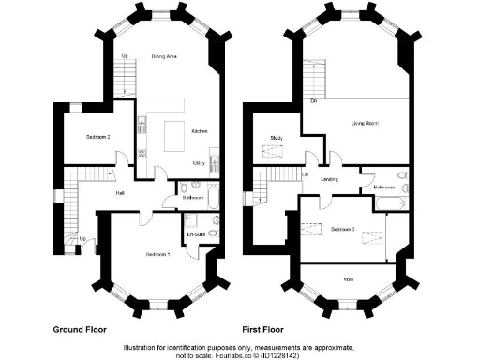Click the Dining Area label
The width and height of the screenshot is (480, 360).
pyautogui.click(x=164, y=57)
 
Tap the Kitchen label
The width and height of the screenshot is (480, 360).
pyautogui.click(x=200, y=132)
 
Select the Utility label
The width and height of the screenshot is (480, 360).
pyautogui.click(x=199, y=163)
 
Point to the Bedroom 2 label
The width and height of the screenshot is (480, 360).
pyautogui.click(x=98, y=138)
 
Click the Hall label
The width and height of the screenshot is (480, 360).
pyautogui.click(x=121, y=193)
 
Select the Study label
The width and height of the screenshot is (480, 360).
pyautogui.click(x=277, y=138)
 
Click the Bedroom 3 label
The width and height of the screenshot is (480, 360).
pyautogui.click(x=343, y=228)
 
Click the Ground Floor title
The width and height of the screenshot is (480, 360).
pyautogui.click(x=80, y=330)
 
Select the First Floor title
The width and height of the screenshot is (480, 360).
pyautogui.click(x=265, y=330)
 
